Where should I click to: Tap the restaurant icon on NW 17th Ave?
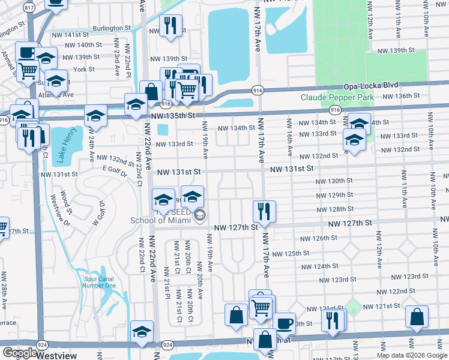tap(264, 211)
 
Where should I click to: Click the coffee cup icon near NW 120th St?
tap(284, 323)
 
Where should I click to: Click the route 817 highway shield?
tap(28, 7)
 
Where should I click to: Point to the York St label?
tap(83, 69)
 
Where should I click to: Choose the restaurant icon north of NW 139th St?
tap(170, 25)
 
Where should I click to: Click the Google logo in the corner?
tap(19, 353)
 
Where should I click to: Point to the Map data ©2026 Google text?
tap(412, 355)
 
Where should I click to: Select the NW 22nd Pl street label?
tap(127, 60)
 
